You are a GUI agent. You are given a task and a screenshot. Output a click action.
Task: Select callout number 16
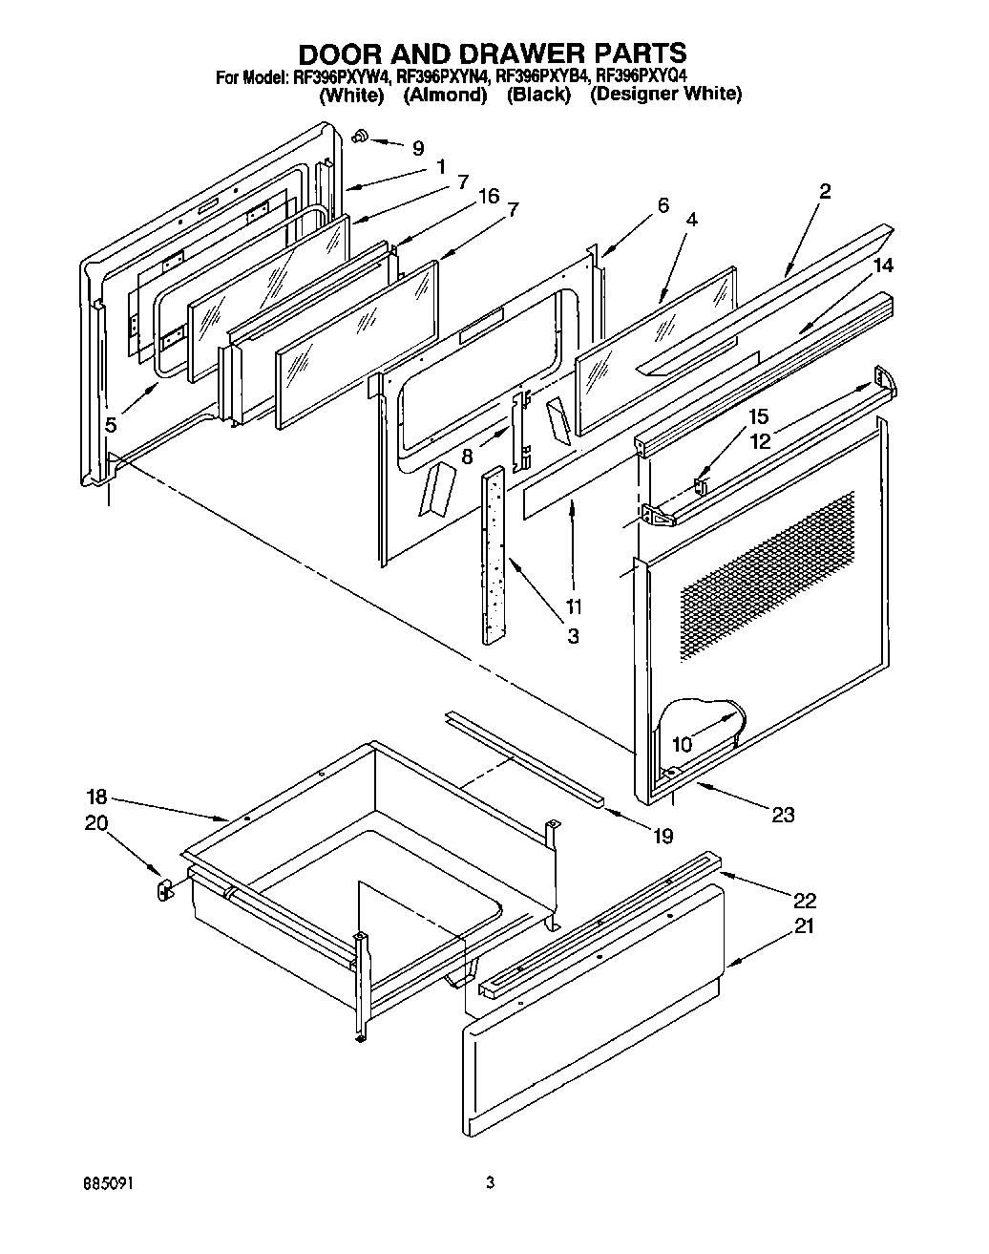488,196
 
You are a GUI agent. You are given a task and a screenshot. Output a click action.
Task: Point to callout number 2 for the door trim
825,191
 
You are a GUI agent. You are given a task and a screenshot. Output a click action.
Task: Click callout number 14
884,266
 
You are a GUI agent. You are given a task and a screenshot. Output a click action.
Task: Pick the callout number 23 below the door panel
783,815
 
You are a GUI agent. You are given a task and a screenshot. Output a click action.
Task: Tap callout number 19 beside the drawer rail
663,837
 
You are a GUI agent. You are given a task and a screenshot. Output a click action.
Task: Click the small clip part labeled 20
162,889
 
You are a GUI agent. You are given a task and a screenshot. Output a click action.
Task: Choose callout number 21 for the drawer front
805,925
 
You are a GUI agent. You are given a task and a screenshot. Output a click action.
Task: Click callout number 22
805,900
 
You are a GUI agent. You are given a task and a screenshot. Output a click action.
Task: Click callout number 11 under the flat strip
574,606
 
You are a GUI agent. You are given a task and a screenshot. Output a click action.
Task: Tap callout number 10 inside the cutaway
682,743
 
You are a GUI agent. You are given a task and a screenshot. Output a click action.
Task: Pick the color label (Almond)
444,95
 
